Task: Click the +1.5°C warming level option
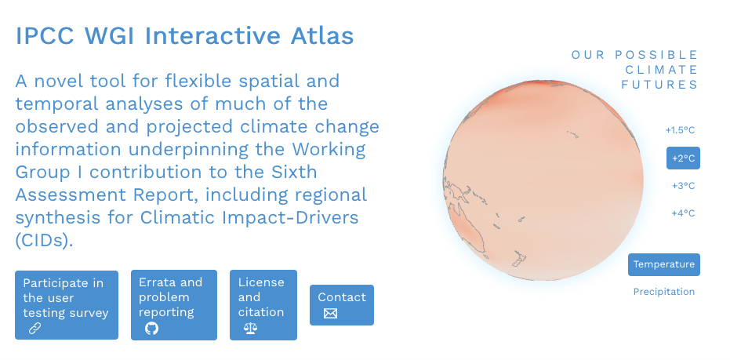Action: [x=680, y=130]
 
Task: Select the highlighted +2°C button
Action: [x=683, y=158]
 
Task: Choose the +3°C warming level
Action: [x=683, y=186]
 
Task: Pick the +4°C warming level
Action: [x=683, y=213]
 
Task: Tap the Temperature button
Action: [x=664, y=264]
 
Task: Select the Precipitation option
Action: [x=664, y=292]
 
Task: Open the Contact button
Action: [x=342, y=305]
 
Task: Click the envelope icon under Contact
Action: [x=330, y=314]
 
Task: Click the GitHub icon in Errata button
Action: [x=151, y=329]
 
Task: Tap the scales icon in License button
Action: [x=250, y=329]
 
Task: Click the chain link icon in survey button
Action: [x=35, y=329]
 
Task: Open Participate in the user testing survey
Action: [x=67, y=305]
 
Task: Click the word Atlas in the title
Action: [x=321, y=36]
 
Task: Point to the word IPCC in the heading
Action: [x=45, y=36]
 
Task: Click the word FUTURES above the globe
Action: [x=659, y=85]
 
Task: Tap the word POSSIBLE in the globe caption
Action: [x=656, y=55]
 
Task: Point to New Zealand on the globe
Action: [x=519, y=259]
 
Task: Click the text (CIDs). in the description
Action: [x=45, y=240]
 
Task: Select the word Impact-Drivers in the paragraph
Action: [x=290, y=217]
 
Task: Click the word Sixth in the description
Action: [x=294, y=172]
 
